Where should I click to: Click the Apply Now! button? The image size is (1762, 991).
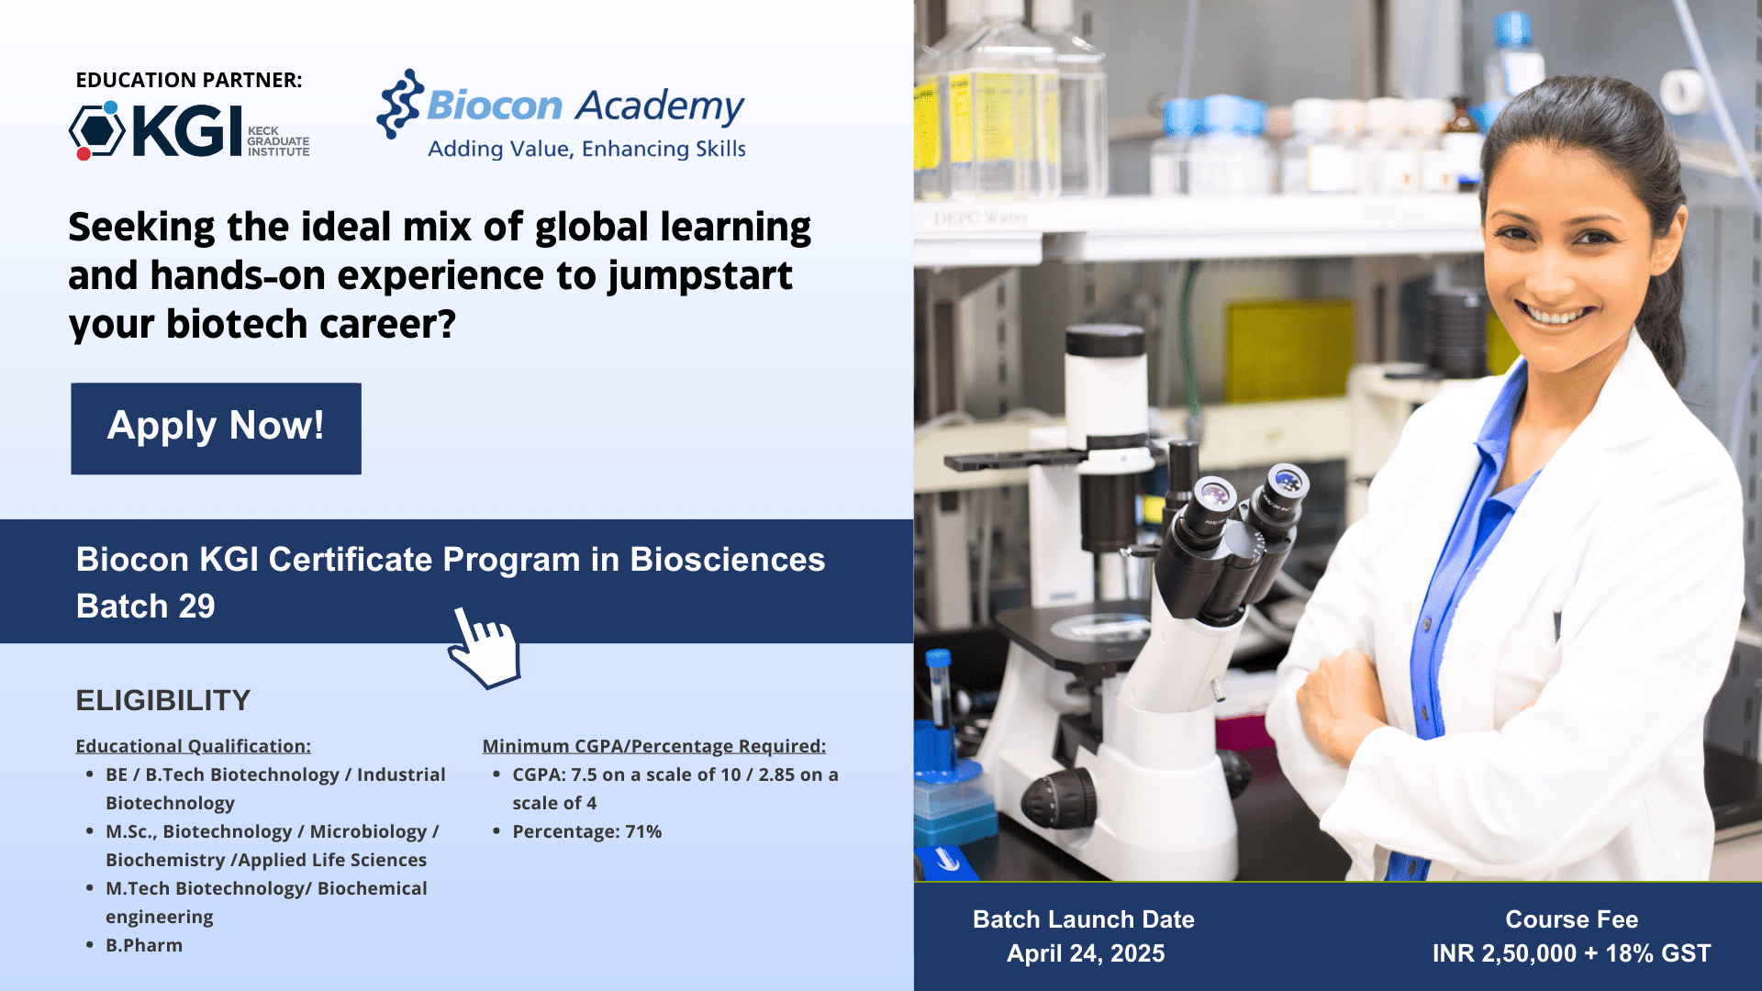(216, 429)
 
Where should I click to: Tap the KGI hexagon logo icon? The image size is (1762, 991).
(97, 130)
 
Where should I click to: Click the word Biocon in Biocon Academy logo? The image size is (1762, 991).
(494, 106)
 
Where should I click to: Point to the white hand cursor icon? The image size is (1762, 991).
(484, 648)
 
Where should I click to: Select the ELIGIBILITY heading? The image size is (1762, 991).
(162, 700)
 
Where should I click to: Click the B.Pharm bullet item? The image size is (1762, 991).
(144, 945)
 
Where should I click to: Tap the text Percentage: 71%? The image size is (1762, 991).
(587, 831)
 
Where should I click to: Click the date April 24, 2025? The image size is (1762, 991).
(1086, 953)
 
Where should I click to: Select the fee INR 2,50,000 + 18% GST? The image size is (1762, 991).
(1571, 953)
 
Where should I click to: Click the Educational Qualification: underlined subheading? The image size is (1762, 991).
(193, 746)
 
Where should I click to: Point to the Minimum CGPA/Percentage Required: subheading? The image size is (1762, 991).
(654, 746)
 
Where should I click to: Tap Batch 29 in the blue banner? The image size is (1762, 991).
(145, 606)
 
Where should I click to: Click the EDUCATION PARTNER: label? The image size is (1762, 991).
(189, 80)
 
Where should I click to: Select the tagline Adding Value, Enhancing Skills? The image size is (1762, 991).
(586, 149)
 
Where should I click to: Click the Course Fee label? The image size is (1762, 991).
(1571, 919)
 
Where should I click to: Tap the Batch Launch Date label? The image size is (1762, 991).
(1084, 919)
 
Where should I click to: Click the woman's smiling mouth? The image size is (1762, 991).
(1554, 314)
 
